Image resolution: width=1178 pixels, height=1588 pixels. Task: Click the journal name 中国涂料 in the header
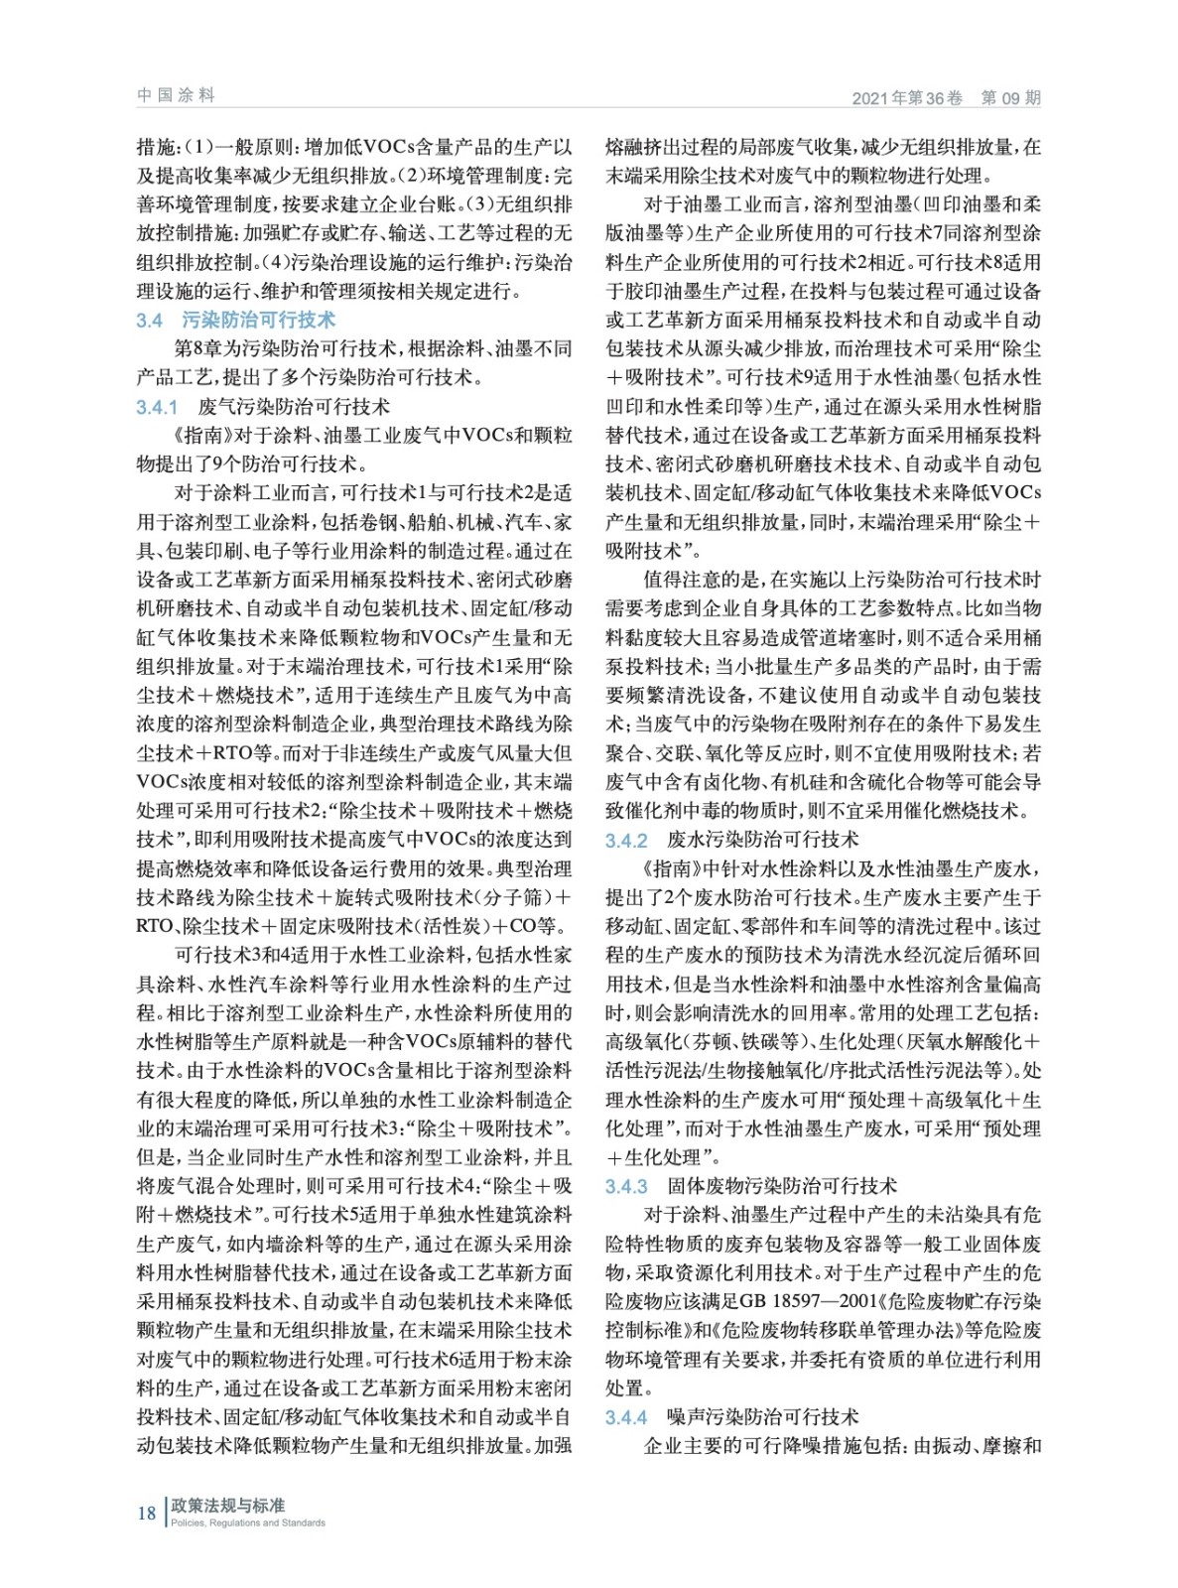coord(176,95)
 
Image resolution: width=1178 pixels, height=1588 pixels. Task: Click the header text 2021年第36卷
coord(907,98)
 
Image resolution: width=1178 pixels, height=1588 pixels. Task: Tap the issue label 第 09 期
coord(1010,98)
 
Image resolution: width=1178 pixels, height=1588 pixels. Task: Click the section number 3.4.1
coord(157,407)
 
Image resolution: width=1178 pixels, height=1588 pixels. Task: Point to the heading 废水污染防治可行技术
coord(762,841)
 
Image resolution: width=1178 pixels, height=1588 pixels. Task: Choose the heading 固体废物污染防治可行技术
coord(782,1186)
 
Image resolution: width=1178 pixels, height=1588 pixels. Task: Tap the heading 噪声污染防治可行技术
coord(762,1417)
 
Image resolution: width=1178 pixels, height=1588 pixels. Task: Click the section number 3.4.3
coord(626,1187)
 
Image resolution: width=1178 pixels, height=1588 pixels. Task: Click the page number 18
coord(146,1514)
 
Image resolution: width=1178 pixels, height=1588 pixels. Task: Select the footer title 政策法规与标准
coord(227,1506)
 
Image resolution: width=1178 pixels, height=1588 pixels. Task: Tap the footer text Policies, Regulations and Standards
coord(248,1523)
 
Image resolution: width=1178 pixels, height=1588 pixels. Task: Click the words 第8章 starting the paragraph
coord(198,349)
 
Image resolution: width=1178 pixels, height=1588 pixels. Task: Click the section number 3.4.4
coord(626,1418)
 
